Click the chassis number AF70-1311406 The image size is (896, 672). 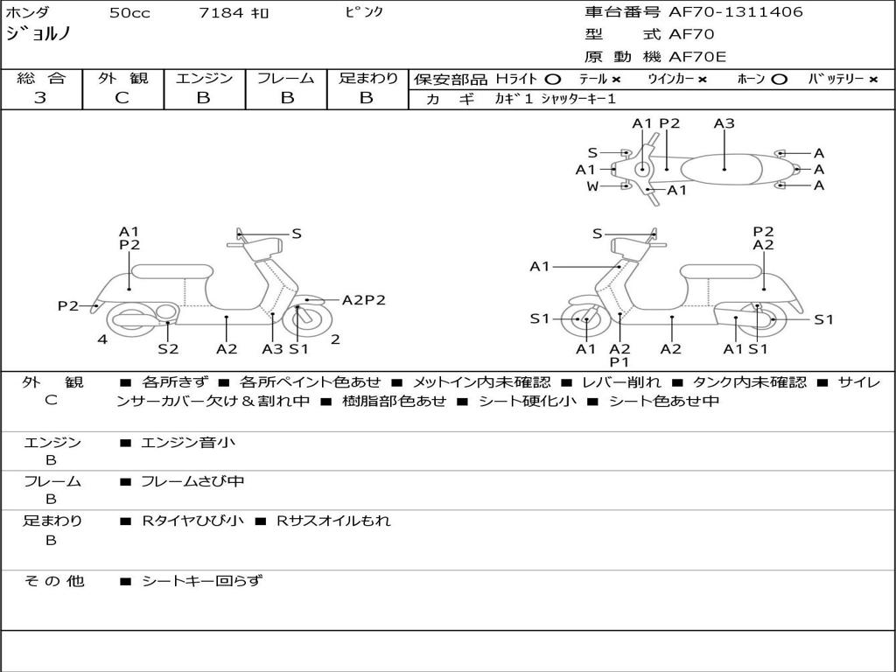click(736, 11)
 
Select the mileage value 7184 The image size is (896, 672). click(221, 12)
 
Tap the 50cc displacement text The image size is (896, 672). click(129, 12)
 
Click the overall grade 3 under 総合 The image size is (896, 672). click(40, 98)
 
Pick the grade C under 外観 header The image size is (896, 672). click(122, 98)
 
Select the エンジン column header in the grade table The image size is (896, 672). click(204, 78)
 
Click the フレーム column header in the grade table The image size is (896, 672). click(286, 78)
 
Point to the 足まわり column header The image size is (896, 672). click(368, 78)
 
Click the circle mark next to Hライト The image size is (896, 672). click(553, 80)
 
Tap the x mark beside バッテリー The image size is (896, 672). click(873, 80)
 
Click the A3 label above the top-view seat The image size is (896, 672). click(724, 123)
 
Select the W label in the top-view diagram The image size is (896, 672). click(592, 186)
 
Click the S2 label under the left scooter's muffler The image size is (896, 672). click(168, 348)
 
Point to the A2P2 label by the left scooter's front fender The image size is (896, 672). click(363, 300)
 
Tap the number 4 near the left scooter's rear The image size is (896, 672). click(102, 339)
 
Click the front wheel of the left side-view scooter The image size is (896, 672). click(311, 320)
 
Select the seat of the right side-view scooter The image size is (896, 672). click(722, 271)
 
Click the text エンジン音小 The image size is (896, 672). click(187, 442)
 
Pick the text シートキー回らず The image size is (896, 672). click(202, 581)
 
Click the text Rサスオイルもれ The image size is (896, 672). click(333, 521)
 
